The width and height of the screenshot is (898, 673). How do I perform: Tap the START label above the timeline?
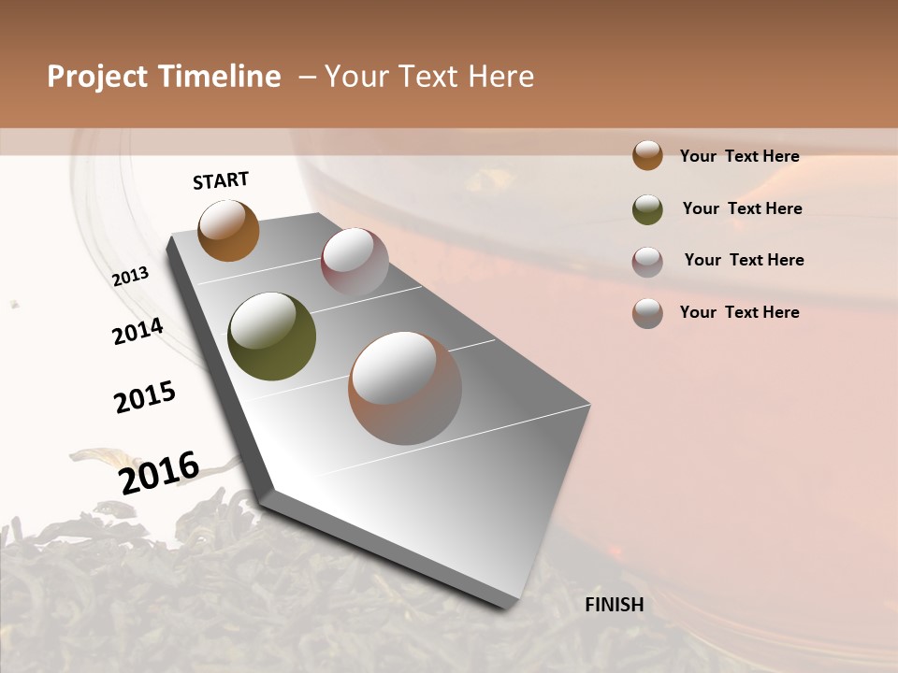tap(221, 180)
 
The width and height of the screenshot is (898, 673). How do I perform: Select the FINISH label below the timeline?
tap(615, 605)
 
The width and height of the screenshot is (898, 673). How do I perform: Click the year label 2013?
tap(130, 277)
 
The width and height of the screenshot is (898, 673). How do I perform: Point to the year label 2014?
tap(138, 331)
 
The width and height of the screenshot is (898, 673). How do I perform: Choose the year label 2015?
tap(145, 397)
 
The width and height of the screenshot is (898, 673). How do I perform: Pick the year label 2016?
tap(159, 472)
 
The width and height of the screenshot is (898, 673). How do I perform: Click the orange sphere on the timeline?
tap(229, 231)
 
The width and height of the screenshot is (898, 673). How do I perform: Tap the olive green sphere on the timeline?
tap(271, 336)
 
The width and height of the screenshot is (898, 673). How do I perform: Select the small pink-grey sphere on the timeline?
tap(355, 262)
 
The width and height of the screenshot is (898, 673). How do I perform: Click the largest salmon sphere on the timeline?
tap(405, 387)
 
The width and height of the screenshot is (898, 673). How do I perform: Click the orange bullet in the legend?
tap(647, 156)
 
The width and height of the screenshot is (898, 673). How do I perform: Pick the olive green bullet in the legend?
tap(647, 209)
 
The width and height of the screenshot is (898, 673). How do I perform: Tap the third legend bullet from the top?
tap(647, 262)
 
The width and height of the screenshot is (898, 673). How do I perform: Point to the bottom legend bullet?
tap(647, 313)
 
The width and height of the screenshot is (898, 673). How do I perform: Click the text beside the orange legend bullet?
tap(739, 156)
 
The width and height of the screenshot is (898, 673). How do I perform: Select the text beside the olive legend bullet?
tap(742, 208)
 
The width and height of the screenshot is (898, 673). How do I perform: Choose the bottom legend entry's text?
tap(739, 312)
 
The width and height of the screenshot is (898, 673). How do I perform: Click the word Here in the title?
tap(501, 77)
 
